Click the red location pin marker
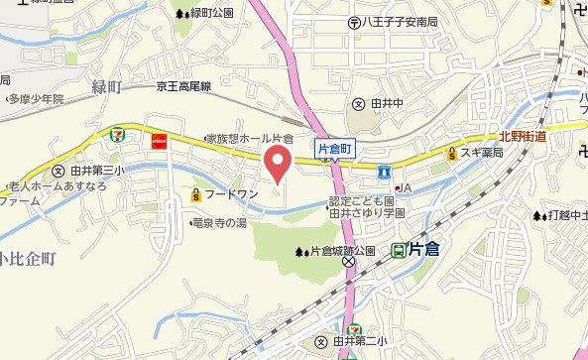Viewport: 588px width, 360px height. tap(279, 165)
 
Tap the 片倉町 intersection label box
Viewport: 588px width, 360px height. tap(334, 150)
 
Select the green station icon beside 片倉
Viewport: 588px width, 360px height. tap(399, 250)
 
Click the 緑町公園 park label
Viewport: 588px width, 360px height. tap(211, 13)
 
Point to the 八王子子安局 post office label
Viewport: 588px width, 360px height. tap(400, 22)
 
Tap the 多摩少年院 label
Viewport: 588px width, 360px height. tap(37, 99)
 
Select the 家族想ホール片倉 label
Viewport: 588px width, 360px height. tap(249, 139)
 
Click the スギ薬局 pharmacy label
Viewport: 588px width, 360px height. tap(481, 153)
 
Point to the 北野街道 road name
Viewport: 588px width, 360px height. tap(523, 135)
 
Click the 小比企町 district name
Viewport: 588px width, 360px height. tap(28, 259)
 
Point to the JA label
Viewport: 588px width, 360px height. tap(403, 187)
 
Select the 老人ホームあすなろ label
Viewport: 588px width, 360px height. tap(58, 186)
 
